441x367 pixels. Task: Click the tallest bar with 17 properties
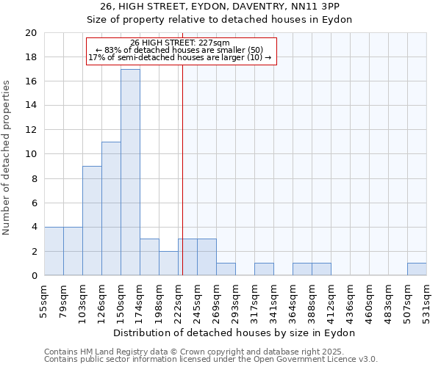(x=130, y=172)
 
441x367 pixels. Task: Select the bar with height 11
(x=111, y=208)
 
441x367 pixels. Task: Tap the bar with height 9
(x=92, y=221)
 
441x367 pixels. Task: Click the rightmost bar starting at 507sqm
(x=417, y=269)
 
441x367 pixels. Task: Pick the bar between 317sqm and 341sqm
(x=264, y=269)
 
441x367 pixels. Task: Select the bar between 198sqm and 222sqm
(x=168, y=264)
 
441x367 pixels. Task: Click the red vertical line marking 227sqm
(x=182, y=183)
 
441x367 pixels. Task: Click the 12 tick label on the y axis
(x=31, y=130)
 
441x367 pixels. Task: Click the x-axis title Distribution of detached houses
(x=234, y=333)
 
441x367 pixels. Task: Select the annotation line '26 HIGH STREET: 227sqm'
(x=180, y=43)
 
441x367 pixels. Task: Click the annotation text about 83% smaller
(x=180, y=50)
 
